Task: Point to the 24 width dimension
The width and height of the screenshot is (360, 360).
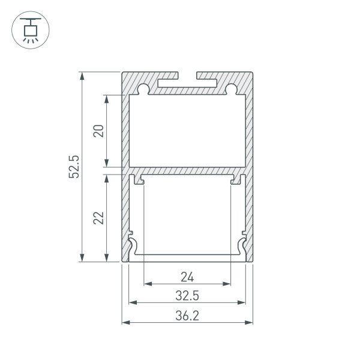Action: (x=188, y=277)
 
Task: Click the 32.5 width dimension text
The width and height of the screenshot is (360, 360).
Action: (x=188, y=296)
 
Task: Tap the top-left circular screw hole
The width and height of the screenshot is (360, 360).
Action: (x=144, y=90)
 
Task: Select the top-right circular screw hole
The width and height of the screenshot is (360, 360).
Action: (x=231, y=90)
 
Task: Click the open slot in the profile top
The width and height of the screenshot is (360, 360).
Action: (x=188, y=77)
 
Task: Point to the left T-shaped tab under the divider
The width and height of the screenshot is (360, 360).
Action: (x=142, y=179)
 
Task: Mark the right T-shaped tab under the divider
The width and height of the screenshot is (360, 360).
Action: (x=234, y=179)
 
